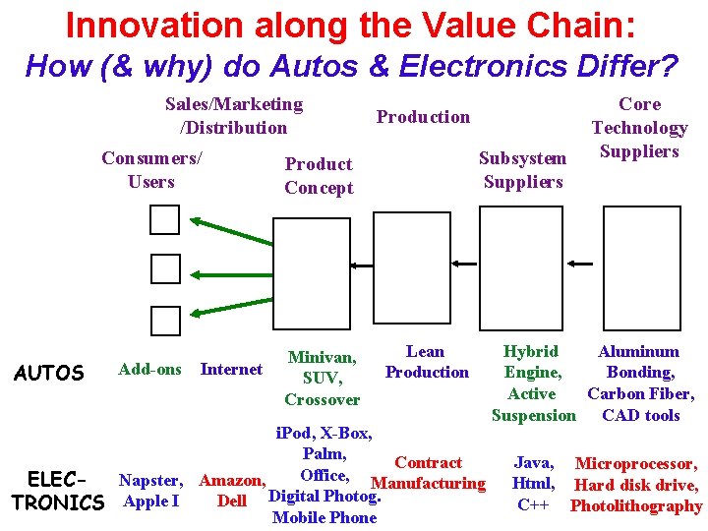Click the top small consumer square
pyautogui.click(x=165, y=220)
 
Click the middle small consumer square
pyautogui.click(x=165, y=268)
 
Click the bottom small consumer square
pyautogui.click(x=165, y=320)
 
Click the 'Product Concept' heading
pyautogui.click(x=319, y=176)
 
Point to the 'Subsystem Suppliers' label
pyautogui.click(x=522, y=170)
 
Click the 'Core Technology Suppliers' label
pyautogui.click(x=639, y=128)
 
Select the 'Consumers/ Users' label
pyautogui.click(x=151, y=170)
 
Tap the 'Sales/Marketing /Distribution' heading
pyautogui.click(x=234, y=116)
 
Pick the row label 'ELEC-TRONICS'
pyautogui.click(x=58, y=491)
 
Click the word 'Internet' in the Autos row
pyautogui.click(x=231, y=370)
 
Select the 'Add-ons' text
pyautogui.click(x=149, y=370)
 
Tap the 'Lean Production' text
pyautogui.click(x=427, y=362)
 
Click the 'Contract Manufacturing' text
pyautogui.click(x=428, y=473)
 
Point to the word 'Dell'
pyautogui.click(x=231, y=501)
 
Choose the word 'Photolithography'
pyautogui.click(x=636, y=507)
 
